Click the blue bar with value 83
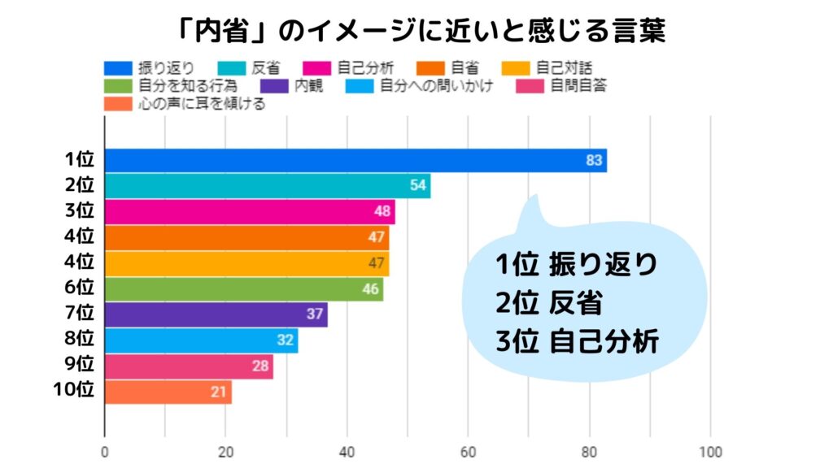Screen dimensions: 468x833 (355, 160)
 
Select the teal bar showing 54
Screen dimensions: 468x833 (268, 186)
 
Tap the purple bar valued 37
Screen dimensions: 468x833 (216, 314)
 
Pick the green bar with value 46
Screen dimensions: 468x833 (243, 288)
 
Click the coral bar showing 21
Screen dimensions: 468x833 (168, 392)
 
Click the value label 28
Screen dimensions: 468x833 (260, 366)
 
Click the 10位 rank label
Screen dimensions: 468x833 (74, 390)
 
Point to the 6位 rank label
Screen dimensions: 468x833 (80, 288)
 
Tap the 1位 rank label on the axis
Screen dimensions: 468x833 (80, 159)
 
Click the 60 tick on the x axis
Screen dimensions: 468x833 (469, 453)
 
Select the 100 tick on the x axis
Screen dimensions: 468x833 (711, 453)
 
